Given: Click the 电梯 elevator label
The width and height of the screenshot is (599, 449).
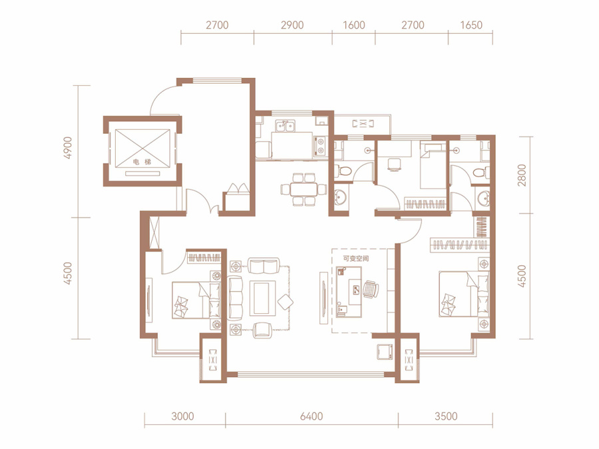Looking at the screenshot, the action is pos(142,162).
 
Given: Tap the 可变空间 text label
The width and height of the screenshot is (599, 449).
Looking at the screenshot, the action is pos(356,259).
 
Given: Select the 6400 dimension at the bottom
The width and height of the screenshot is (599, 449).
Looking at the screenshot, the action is pos(311,416).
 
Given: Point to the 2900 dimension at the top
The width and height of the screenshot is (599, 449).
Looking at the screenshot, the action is pos(292,25).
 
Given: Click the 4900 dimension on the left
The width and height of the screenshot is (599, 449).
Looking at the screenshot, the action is pos(68,148).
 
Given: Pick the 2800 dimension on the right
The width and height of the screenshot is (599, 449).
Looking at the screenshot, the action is pos(522,175).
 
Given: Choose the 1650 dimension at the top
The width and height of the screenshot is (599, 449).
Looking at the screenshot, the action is pos(471,25).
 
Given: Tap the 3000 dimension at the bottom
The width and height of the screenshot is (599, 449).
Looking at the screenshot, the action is pos(182,416).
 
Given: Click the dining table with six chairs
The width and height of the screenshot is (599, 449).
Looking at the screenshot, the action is pos(303,190).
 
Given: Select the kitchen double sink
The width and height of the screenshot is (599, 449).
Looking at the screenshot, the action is pos(285,126).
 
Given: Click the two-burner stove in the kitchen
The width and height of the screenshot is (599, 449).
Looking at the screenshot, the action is pos(320,146).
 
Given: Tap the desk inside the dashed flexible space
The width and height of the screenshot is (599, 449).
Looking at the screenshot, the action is pos(349,292).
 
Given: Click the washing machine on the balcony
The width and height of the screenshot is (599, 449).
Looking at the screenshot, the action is pos(385,352).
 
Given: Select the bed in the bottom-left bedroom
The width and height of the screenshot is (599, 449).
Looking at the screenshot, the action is pos(196,300).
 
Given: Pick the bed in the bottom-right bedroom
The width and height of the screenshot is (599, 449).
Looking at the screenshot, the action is pos(464,293).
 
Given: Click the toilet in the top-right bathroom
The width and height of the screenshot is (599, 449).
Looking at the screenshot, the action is pos(481,172).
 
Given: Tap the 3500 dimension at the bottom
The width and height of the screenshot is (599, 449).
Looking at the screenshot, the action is pos(446,416).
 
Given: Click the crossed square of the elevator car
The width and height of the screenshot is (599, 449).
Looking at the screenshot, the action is pos(142,148).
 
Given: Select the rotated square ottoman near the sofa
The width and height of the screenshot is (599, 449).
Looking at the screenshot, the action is pos(285,303).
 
